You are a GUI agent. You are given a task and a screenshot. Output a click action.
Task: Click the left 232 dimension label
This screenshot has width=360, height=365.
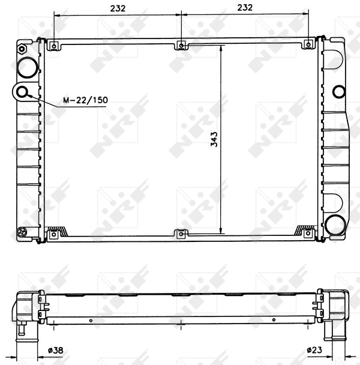pyautogui.click(x=118, y=8)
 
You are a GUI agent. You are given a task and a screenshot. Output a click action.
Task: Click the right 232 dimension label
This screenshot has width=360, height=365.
pyautogui.click(x=245, y=8)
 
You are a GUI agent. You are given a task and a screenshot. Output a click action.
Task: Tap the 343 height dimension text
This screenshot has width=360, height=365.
pyautogui.click(x=214, y=139)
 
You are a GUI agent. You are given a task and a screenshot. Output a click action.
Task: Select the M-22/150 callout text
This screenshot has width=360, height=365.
pyautogui.click(x=86, y=100)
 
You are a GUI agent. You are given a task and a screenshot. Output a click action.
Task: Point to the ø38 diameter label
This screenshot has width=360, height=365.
pyautogui.click(x=55, y=350)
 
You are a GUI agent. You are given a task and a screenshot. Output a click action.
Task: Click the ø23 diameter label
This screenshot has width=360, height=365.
pyautogui.click(x=314, y=349)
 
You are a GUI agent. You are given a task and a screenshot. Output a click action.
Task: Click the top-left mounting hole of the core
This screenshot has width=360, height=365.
pyautogui.click(x=54, y=46)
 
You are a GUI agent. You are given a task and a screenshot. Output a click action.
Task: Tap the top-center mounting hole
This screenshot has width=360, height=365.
pyautogui.click(x=181, y=46)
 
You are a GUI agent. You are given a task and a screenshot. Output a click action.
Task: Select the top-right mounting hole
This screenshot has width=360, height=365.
pyautogui.click(x=308, y=44)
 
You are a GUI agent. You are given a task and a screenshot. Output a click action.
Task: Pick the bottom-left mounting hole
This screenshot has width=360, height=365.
pyautogui.click(x=54, y=234)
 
